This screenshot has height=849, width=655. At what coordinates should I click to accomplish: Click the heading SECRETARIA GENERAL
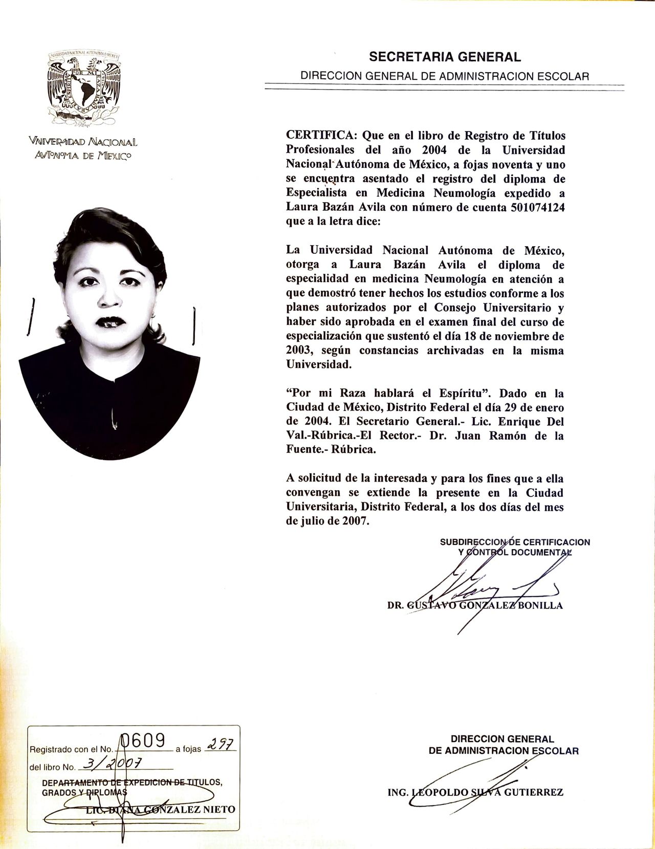[445, 57]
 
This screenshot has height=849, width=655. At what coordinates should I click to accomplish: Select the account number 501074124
[537, 208]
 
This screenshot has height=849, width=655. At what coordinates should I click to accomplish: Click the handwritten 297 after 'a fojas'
[220, 747]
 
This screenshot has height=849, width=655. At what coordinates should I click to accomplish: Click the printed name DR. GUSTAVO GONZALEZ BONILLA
[475, 606]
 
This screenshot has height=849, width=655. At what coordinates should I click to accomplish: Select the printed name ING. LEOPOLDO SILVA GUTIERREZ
[475, 793]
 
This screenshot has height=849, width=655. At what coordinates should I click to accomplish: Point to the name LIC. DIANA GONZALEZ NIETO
[160, 810]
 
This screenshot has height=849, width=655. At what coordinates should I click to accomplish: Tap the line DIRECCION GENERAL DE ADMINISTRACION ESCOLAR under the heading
[445, 76]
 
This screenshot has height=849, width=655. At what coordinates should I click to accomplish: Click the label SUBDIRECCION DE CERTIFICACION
[515, 542]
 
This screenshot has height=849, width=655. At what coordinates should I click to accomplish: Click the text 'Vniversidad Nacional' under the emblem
[83, 142]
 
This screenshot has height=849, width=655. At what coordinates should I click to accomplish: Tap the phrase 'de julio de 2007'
[327, 521]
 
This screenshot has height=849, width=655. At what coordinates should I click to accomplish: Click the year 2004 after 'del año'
[434, 150]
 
